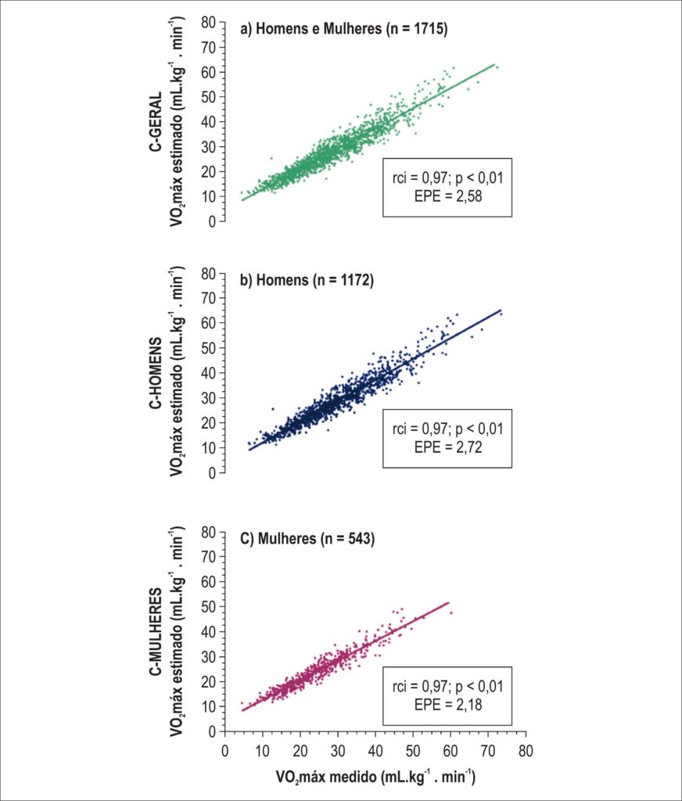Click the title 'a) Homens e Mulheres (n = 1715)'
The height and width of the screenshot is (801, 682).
[x=344, y=29]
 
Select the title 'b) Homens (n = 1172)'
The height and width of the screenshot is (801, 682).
[x=307, y=280]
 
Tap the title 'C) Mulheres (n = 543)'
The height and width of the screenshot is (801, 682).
[x=307, y=538]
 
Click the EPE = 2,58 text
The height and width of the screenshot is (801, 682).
[x=447, y=196]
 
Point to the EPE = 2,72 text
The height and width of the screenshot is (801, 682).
[x=447, y=447]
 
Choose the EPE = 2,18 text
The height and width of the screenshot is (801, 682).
[x=447, y=705]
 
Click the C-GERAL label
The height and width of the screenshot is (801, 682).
[x=156, y=121]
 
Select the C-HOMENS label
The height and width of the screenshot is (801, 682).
[x=156, y=373]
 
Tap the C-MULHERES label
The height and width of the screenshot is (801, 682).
[x=156, y=631]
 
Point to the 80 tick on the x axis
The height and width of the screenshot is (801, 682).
[x=525, y=750]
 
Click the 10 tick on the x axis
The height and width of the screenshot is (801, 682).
[x=262, y=750]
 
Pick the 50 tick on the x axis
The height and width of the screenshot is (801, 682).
[x=413, y=750]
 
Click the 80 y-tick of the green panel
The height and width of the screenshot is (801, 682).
[x=208, y=23]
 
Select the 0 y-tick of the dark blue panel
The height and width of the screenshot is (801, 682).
[x=212, y=473]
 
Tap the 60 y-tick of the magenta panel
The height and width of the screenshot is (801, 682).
[x=208, y=582]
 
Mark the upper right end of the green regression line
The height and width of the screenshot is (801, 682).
[x=494, y=64]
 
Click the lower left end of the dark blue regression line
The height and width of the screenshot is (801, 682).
[x=249, y=450]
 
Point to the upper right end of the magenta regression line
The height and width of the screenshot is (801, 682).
[x=449, y=603]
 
